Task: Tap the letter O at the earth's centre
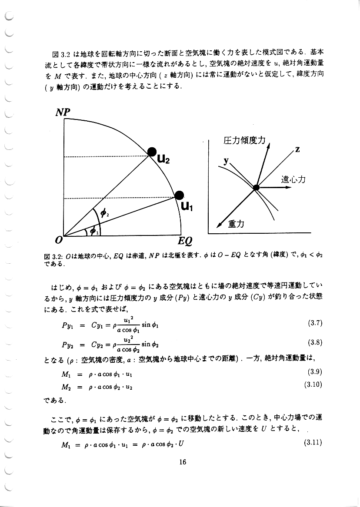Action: click(59, 239)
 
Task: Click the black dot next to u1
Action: click(179, 196)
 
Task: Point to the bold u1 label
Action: click(187, 207)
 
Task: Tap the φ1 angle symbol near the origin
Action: click(93, 231)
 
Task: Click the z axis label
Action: click(297, 150)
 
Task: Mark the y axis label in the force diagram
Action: click(226, 161)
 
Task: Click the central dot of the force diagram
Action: click(256, 187)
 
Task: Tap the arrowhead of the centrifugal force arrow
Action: click(288, 188)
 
